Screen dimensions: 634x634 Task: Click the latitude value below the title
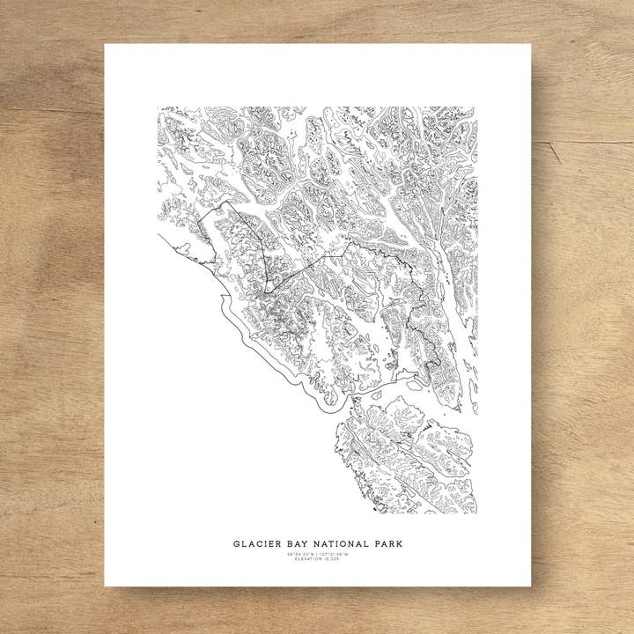point(300,554)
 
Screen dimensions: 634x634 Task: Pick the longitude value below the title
point(334,554)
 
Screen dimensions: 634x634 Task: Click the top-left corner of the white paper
point(105,45)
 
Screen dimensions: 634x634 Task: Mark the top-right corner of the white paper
point(531,45)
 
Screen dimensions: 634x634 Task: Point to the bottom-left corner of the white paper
point(105,586)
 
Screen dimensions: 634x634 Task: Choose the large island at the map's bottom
point(401,453)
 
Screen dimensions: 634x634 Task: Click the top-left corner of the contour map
point(158,107)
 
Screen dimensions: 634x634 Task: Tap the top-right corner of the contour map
point(477,107)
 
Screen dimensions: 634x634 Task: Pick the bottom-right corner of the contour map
point(477,513)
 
